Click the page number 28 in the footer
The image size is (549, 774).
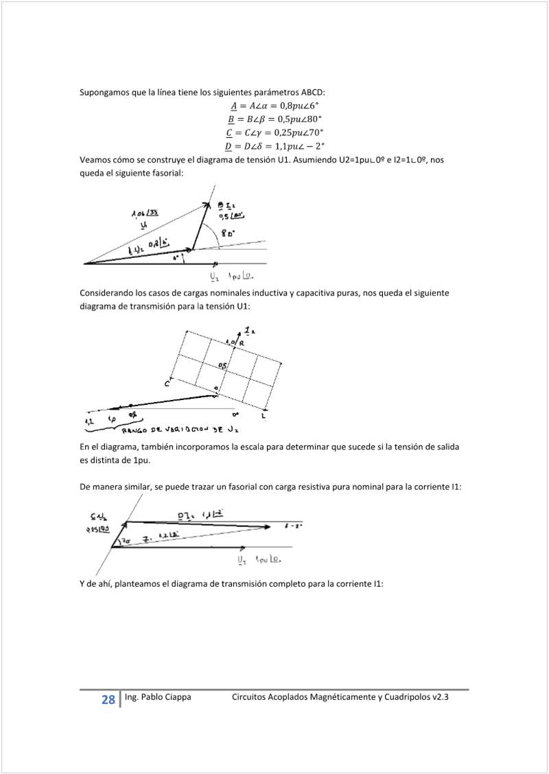click(x=108, y=700)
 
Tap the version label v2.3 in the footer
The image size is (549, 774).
click(x=441, y=697)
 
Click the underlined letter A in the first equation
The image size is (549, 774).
click(x=233, y=106)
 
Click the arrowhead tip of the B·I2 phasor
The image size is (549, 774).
click(x=208, y=202)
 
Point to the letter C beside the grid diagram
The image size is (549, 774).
click(x=167, y=384)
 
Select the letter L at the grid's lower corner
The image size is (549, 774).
click(x=264, y=416)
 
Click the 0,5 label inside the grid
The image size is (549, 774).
click(x=222, y=366)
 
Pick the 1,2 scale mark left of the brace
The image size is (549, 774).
click(x=89, y=420)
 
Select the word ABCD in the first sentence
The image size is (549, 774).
click(x=312, y=93)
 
